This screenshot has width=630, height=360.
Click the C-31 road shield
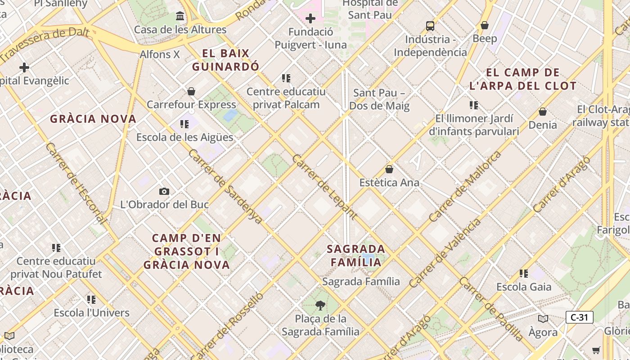579,317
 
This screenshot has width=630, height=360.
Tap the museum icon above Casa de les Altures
180,16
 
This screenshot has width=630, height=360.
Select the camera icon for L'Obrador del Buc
164,191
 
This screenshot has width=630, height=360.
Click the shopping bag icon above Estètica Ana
389,169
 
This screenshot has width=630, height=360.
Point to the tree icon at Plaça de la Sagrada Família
320,306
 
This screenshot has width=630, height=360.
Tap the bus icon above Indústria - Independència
430,26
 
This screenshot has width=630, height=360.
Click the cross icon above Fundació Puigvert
310,18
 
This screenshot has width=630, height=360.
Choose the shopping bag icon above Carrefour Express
191,91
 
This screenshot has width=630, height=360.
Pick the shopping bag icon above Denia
543,111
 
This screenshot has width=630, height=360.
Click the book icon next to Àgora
543,319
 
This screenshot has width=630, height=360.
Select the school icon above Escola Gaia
524,273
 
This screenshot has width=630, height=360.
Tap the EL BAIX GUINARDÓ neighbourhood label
226,60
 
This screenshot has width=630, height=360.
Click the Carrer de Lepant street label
324,187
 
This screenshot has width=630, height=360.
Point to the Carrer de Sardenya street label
225,186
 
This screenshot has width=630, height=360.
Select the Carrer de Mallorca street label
465,187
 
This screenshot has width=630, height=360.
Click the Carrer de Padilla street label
491,309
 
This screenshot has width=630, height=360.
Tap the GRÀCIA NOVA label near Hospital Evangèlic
93,119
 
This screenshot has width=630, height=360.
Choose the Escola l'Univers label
91,313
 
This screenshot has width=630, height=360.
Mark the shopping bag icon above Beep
485,25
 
